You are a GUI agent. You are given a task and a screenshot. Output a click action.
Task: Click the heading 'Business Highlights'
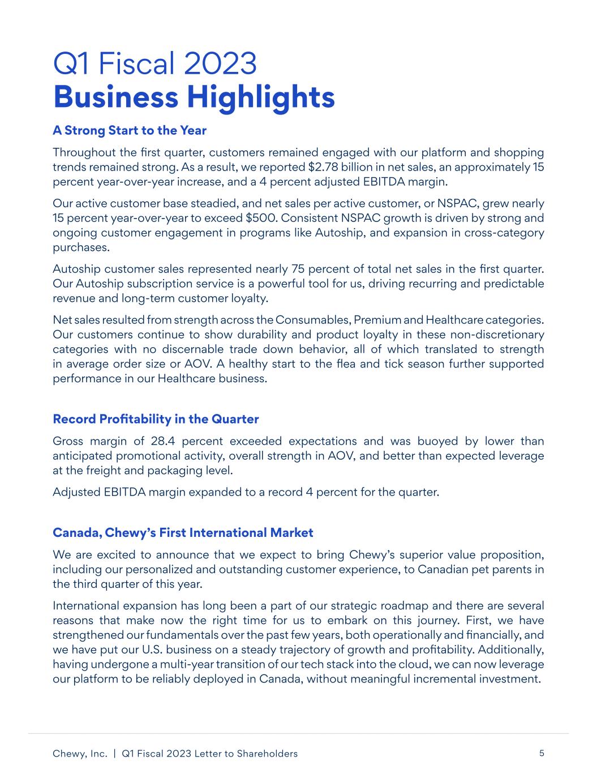(x=194, y=97)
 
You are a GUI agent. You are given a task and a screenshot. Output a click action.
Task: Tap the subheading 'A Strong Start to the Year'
(x=130, y=131)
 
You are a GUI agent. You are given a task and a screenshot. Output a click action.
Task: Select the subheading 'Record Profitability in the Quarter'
(x=156, y=420)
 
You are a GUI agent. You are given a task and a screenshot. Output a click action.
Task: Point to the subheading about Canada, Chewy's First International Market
(x=183, y=533)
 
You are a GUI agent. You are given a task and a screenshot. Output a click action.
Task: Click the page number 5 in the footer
(x=542, y=753)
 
